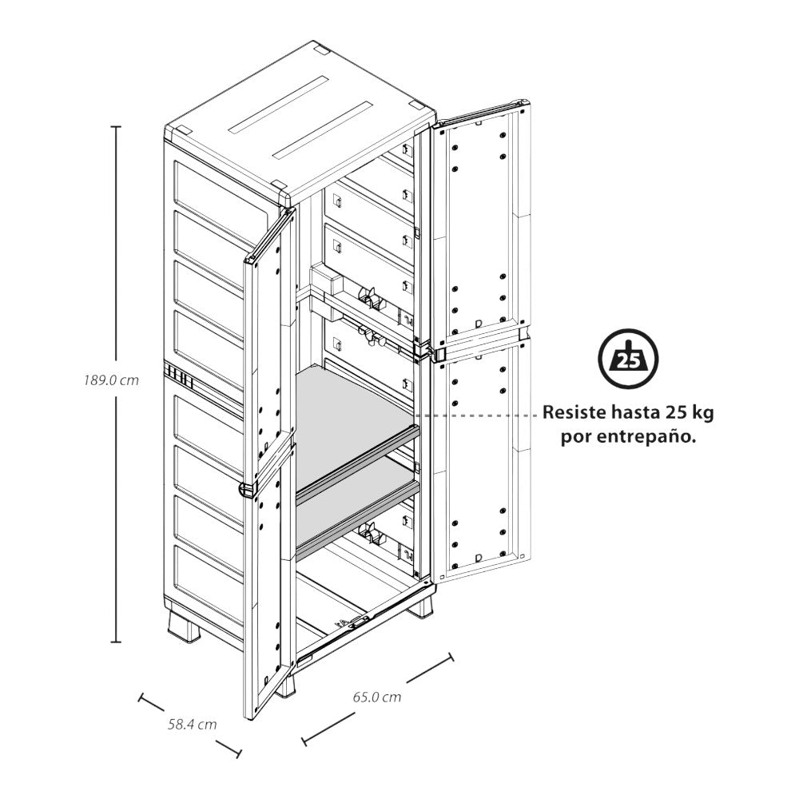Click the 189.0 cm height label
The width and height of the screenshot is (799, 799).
click(x=112, y=381)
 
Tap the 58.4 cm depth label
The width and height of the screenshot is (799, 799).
click(x=192, y=725)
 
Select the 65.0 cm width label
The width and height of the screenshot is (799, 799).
click(x=377, y=697)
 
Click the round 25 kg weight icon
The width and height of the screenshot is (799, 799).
click(x=628, y=362)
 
